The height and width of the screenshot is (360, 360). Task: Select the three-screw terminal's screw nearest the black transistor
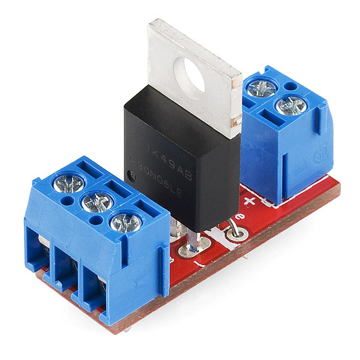[126, 222]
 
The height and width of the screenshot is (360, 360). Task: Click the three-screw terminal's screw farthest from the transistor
[68, 182]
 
